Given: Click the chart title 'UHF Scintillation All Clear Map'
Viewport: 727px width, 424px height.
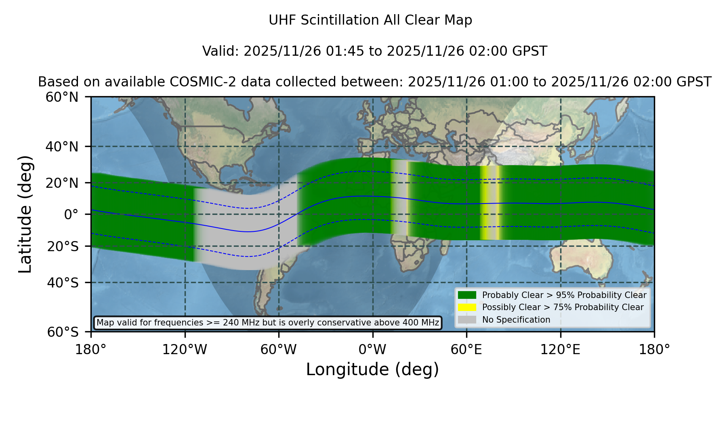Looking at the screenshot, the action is (370, 20).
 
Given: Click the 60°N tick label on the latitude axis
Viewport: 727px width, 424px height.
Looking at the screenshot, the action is (62, 97).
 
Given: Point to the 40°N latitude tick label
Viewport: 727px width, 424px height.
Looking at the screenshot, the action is (62, 147).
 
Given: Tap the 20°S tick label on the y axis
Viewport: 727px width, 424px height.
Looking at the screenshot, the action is (63, 246).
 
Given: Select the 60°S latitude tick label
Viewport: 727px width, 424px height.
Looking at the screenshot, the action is (63, 332).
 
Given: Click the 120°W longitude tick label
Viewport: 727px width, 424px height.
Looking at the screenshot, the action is (185, 350).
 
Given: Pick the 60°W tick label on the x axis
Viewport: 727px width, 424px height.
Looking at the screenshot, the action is (279, 350).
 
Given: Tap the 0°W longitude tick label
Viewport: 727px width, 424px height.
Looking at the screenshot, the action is (372, 350).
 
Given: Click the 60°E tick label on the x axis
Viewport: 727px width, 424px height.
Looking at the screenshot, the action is (466, 350).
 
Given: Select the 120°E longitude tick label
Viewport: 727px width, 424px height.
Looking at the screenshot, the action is (560, 350).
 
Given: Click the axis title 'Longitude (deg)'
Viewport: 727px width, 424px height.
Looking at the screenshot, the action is (372, 370).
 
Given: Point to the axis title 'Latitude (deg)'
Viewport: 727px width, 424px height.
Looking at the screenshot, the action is (25, 214).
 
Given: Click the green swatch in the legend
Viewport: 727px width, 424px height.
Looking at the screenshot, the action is (467, 295).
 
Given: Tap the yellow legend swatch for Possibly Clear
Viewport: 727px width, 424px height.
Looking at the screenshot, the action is (467, 307).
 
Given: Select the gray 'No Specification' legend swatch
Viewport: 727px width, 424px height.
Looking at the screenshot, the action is (467, 320).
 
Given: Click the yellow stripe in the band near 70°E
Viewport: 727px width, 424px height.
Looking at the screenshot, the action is (484, 203).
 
